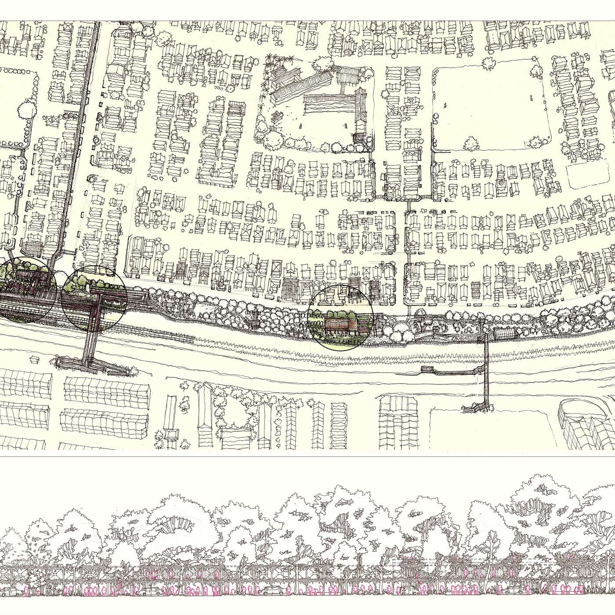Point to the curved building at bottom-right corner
(x=584, y=422)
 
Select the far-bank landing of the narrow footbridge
(x=477, y=409)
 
